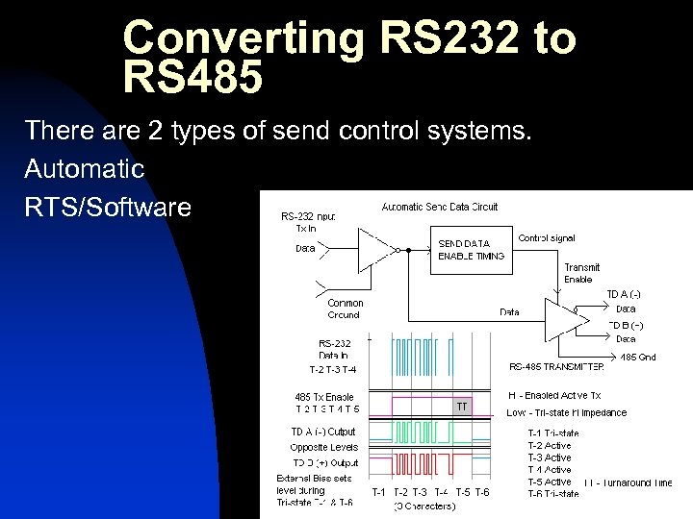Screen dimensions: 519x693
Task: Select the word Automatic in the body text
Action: (x=85, y=169)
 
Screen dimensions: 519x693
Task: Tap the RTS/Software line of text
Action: (x=108, y=206)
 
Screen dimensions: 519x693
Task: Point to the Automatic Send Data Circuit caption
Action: (x=440, y=207)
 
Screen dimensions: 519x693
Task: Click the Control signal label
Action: (x=547, y=237)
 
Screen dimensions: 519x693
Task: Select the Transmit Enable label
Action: (x=582, y=273)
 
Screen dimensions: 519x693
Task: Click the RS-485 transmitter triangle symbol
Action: (x=562, y=316)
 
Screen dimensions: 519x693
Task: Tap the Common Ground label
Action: (x=345, y=309)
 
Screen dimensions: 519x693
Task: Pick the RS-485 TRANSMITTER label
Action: (x=556, y=366)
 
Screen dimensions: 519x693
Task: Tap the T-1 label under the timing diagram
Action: (x=380, y=492)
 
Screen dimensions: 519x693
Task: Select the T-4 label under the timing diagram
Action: (x=442, y=492)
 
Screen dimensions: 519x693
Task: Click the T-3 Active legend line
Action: (x=549, y=457)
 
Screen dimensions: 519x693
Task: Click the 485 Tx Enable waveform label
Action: (x=324, y=397)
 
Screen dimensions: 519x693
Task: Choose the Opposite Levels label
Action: (x=323, y=447)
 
